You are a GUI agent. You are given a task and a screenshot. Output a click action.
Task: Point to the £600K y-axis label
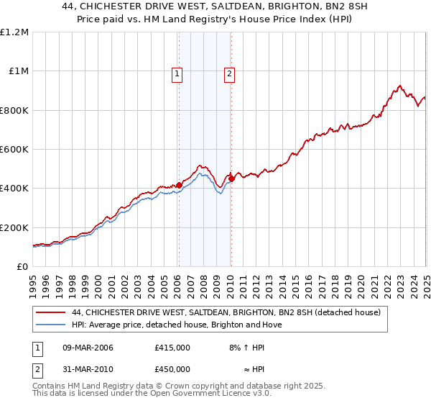click(x=14, y=150)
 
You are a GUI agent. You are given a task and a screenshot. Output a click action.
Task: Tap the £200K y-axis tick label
click(x=14, y=227)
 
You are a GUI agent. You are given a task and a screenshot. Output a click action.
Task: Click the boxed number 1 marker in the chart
click(x=177, y=73)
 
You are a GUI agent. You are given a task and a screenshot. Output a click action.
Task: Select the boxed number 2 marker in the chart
click(x=229, y=73)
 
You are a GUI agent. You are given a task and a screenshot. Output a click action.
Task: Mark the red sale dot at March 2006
click(x=179, y=185)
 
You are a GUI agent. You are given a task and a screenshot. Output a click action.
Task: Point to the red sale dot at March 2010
click(x=231, y=178)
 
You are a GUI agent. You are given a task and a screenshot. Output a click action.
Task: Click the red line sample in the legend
click(x=52, y=313)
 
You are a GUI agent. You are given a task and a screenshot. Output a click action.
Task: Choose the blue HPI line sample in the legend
click(x=52, y=325)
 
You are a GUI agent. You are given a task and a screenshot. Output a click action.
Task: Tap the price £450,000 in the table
click(x=172, y=369)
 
